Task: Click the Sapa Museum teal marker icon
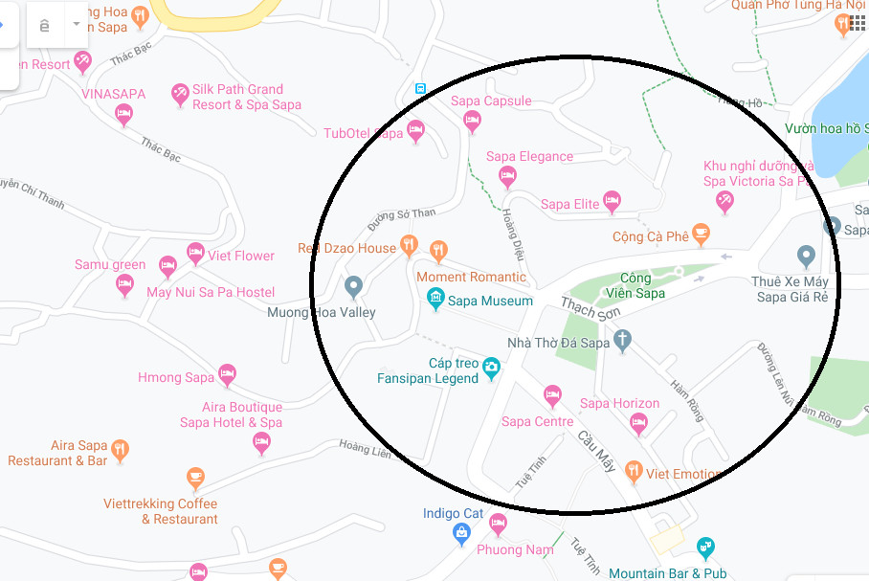(436, 300)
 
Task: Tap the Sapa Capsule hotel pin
(471, 121)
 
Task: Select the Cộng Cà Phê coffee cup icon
(702, 233)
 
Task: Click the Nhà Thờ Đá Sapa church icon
(622, 340)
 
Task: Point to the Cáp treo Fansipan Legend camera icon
(491, 367)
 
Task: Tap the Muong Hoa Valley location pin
(353, 286)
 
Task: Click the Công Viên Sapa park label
(635, 285)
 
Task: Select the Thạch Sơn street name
(591, 308)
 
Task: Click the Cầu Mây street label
(596, 449)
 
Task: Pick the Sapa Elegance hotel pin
(507, 175)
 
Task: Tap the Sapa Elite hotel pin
(613, 201)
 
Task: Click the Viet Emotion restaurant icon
(633, 471)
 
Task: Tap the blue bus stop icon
(420, 88)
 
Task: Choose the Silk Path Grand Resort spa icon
(179, 94)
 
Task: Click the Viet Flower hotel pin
(195, 254)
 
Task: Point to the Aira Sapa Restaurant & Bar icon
(120, 449)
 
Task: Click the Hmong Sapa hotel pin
(227, 374)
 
